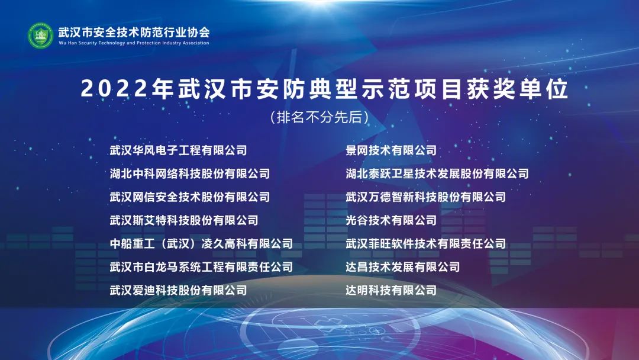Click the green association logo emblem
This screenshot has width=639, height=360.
(x=40, y=36)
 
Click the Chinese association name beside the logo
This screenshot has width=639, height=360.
(x=134, y=32)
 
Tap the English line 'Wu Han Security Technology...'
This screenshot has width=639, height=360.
(x=134, y=43)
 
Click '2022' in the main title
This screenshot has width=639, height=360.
(x=114, y=88)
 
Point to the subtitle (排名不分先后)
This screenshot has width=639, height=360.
(x=319, y=117)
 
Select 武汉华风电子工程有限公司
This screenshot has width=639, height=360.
(x=178, y=150)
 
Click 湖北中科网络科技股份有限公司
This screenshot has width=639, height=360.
(x=189, y=173)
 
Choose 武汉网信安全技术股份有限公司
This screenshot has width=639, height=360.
(x=189, y=197)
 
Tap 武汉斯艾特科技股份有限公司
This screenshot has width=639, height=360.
(x=184, y=221)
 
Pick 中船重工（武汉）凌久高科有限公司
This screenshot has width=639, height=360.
(x=201, y=244)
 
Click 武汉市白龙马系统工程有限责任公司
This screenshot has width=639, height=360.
(x=201, y=267)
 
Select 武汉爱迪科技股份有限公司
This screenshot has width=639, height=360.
(x=178, y=290)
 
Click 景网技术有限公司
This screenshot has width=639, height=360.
(x=391, y=150)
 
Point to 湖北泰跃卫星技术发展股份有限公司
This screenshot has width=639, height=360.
(x=437, y=173)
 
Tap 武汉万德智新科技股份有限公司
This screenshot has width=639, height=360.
(x=426, y=197)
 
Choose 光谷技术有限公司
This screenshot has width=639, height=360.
(x=391, y=221)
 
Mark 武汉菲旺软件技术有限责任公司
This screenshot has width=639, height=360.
(x=426, y=244)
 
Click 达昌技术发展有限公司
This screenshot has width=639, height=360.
(x=403, y=267)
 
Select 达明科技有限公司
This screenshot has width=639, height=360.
(x=391, y=290)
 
